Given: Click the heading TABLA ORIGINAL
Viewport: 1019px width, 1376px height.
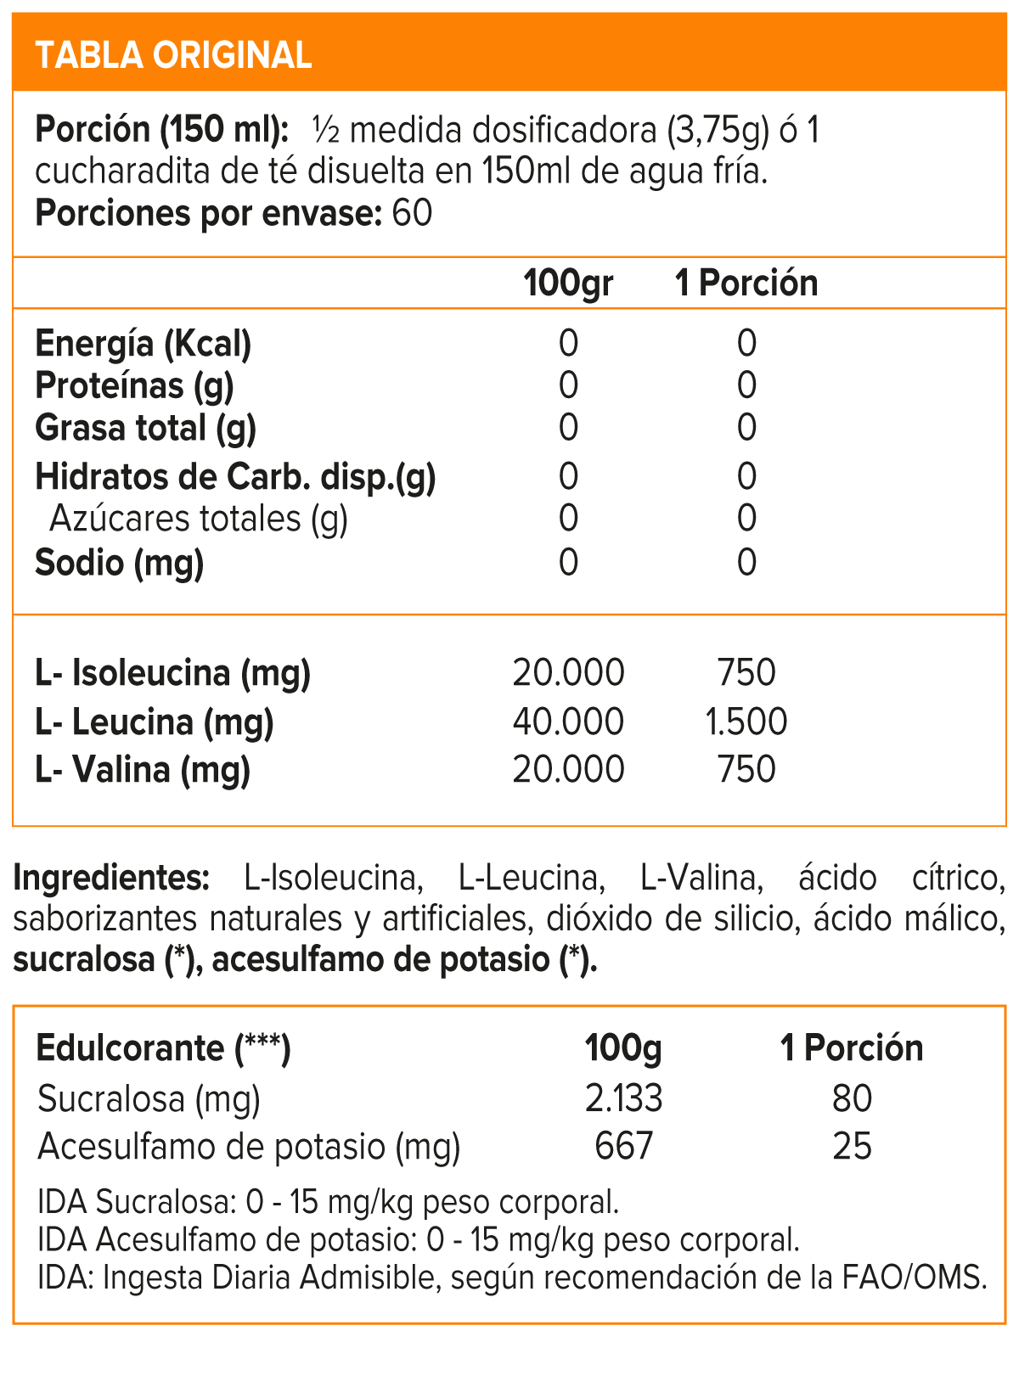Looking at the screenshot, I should (173, 55).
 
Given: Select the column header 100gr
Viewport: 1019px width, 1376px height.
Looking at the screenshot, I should (567, 283).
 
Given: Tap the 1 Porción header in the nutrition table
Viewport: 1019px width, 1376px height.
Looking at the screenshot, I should (746, 283).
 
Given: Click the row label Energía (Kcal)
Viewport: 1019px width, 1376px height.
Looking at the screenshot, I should (143, 344).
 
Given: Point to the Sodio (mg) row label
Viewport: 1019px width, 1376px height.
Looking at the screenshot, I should (119, 563).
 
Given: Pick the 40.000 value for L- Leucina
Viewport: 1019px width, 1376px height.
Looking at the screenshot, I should (568, 722).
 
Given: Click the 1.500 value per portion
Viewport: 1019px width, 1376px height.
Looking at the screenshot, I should (746, 722).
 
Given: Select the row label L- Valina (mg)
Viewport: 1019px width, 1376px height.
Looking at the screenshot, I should (143, 770).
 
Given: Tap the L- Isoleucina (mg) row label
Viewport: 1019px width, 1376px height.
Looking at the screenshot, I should (172, 673).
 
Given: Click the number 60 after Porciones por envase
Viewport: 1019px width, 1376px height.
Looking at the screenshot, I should (412, 213).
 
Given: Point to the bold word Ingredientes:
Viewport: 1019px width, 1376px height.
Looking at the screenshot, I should (111, 878).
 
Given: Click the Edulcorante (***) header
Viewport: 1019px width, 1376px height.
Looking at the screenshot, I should (163, 1048).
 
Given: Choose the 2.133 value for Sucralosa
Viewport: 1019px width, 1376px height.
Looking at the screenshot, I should (623, 1099).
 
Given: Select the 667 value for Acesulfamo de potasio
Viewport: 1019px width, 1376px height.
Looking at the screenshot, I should (623, 1147).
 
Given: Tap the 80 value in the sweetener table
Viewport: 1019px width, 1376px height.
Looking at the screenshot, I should (852, 1099).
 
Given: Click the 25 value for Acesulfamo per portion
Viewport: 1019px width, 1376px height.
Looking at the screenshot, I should (852, 1147).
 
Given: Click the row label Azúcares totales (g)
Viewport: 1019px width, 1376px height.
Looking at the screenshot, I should (199, 519).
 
